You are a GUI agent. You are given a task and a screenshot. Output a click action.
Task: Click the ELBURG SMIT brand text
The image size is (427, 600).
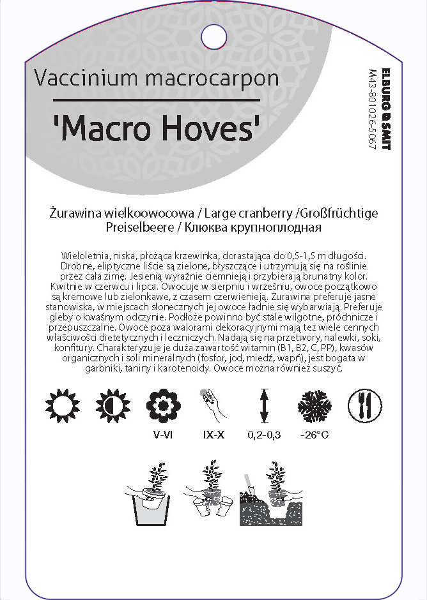point(385,109)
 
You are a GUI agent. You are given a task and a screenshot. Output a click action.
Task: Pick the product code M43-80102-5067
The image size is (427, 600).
point(372,109)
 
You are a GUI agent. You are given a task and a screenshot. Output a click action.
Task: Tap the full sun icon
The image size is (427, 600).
point(61,405)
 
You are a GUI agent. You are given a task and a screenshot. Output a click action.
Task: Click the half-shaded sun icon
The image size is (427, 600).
point(111,405)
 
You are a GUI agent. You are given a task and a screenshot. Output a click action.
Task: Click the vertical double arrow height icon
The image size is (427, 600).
point(263,405)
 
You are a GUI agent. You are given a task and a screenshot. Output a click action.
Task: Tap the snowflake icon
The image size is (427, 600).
point(314,405)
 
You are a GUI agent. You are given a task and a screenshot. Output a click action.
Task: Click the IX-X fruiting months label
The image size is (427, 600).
point(213,437)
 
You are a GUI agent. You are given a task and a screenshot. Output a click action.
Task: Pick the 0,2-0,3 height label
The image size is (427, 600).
point(263,437)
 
